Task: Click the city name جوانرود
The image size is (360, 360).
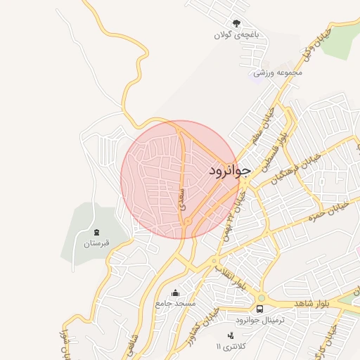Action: click(x=230, y=171)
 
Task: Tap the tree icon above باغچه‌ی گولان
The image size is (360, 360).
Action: click(x=236, y=23)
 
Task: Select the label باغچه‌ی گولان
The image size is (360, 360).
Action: click(x=237, y=34)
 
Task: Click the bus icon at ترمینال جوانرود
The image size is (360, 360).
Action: click(x=260, y=309)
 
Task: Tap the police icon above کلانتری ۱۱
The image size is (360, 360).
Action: click(x=231, y=335)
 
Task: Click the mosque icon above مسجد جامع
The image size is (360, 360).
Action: click(x=175, y=292)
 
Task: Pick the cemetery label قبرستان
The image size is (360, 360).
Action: click(x=97, y=244)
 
